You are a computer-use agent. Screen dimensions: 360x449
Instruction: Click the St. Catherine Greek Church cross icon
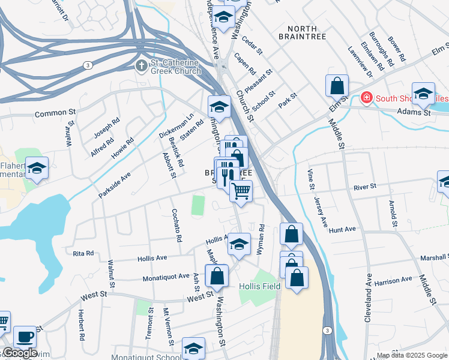tap(141, 65)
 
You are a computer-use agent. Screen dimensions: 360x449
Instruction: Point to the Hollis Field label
tap(259, 287)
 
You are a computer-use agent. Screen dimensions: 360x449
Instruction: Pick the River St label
tap(364, 187)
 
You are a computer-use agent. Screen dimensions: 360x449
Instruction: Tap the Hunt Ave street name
tap(343, 229)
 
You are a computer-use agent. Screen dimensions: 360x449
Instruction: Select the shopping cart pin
tap(241, 191)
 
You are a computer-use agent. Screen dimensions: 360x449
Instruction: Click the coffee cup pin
tap(25, 337)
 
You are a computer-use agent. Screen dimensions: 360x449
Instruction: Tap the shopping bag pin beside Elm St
tap(337, 86)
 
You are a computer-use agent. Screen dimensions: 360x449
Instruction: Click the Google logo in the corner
tap(19, 353)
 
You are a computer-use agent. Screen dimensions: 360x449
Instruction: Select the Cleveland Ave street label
tap(367, 299)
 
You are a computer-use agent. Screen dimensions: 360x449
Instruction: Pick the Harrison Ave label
tap(393, 280)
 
